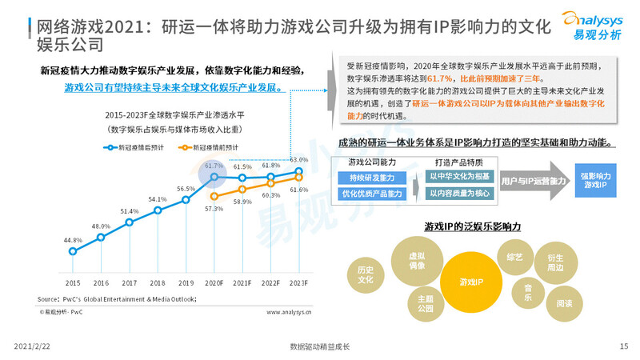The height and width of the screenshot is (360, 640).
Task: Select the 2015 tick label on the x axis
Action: coord(73,283)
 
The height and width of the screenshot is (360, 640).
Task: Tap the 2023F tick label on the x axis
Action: coord(298,283)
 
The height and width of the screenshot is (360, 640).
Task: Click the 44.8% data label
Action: coord(73,240)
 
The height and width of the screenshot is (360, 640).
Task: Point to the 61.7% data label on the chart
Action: coord(214,166)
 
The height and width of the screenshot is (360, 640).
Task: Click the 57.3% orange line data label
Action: coord(214,208)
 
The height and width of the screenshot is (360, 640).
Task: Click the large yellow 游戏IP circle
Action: coord(470,282)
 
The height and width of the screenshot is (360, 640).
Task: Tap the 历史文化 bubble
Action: coord(366,275)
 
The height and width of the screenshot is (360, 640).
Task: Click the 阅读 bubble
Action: coord(563,303)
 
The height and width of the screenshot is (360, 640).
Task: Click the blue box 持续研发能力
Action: coord(372,177)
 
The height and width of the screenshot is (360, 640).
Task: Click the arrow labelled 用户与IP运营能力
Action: coord(528,182)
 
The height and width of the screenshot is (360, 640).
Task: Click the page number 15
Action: coord(623,346)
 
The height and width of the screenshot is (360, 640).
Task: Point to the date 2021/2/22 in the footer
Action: coord(33,346)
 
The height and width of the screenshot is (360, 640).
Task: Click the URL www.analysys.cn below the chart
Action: coord(289,313)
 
